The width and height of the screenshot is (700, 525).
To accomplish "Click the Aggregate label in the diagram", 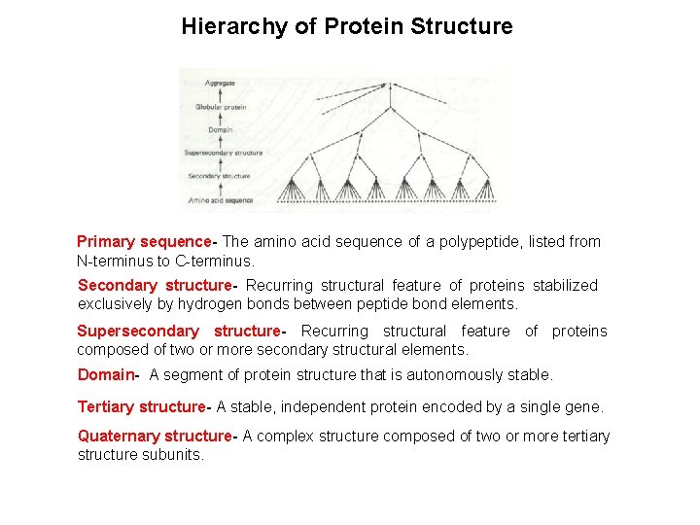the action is coord(219,84).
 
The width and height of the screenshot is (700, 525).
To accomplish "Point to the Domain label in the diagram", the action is coord(220,129).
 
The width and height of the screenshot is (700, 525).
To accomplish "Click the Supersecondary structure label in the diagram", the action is coord(224,153).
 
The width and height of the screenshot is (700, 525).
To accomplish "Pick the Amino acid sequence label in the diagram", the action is coord(221,200).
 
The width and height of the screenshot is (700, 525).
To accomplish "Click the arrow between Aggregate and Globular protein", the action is coord(221,95).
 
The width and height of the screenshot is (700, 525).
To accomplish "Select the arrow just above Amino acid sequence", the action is coord(221,189).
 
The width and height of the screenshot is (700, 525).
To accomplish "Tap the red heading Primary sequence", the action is coord(144,241).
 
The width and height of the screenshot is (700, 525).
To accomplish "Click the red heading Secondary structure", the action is coord(154,285).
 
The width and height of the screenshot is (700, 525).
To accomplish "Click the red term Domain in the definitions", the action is coord(105,374).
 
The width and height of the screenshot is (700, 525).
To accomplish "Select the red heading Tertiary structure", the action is coord(141,406).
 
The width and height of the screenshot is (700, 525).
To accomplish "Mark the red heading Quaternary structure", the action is coord(154,436).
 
